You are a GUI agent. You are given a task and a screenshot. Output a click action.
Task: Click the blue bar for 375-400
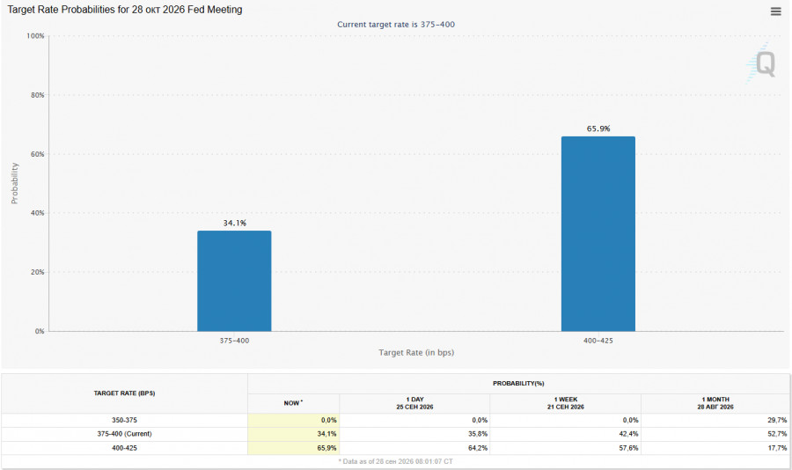234,281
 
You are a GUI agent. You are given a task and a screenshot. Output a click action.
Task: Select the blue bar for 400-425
598,234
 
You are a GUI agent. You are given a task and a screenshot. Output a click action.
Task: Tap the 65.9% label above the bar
598,129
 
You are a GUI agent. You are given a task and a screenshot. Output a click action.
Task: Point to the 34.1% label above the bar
235,223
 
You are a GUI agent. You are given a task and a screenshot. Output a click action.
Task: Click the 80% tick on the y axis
37,95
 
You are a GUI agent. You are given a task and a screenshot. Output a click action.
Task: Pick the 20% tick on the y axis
37,272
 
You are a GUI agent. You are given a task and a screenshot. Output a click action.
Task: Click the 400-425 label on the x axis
598,341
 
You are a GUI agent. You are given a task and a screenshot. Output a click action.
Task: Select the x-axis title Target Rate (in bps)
416,352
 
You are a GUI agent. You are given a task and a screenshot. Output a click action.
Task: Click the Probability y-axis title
15,183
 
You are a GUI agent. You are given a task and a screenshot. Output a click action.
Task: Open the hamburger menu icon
776,11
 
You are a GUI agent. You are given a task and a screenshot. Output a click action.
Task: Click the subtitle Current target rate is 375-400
396,25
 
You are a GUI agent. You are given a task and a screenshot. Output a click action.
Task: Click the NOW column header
293,403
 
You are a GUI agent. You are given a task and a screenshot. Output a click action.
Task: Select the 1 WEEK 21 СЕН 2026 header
566,403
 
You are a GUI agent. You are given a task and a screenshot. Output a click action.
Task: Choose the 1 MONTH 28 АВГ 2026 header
715,403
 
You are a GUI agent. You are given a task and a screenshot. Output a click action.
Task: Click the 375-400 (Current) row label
124,434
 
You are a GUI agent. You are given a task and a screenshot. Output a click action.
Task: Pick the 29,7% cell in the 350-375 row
777,420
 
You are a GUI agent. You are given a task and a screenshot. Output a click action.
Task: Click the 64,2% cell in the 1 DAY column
478,448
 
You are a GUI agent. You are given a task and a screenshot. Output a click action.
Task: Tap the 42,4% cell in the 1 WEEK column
629,434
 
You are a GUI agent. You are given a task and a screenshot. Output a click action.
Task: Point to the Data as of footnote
395,461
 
